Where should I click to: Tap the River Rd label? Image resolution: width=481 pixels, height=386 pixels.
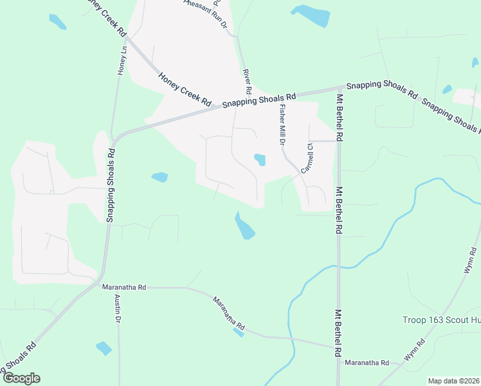click(x=246, y=78)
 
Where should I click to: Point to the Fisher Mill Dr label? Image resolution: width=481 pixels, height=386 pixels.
click(x=282, y=126)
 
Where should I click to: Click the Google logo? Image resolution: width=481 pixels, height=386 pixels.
click(x=21, y=378)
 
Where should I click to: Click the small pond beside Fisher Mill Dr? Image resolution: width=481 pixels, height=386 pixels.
click(x=260, y=159)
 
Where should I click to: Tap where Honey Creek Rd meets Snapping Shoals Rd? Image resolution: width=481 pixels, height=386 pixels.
click(x=217, y=107)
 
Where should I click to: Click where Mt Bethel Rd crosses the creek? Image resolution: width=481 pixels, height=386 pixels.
click(x=338, y=265)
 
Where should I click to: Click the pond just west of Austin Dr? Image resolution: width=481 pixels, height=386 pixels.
click(x=104, y=349)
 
